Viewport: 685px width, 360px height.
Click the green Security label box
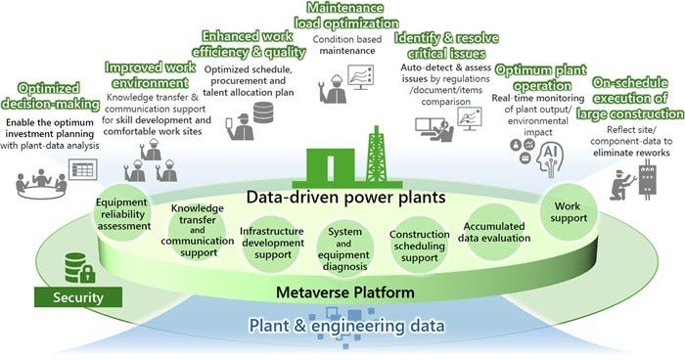(76, 295)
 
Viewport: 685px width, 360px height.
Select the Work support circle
(568, 212)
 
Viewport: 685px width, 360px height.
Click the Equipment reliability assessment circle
(122, 213)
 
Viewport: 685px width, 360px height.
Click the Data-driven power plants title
(344, 197)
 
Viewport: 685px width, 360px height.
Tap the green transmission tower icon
(375, 156)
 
